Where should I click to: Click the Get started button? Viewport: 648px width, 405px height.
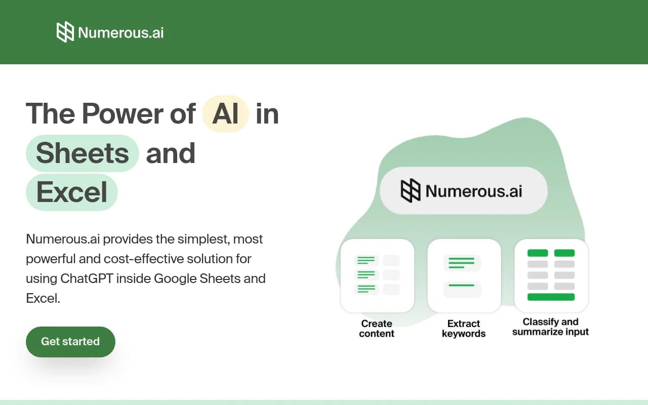tap(70, 342)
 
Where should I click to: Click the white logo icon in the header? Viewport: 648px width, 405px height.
tap(65, 32)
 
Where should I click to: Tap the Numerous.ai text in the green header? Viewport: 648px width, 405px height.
tap(120, 33)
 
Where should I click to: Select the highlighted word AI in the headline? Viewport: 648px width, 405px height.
tap(225, 113)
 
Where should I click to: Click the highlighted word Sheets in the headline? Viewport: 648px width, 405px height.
tap(83, 153)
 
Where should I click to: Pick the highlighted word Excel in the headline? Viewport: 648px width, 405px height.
tap(72, 192)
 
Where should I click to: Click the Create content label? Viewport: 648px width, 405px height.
tap(377, 329)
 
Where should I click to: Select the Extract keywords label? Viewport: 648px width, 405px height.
tap(464, 329)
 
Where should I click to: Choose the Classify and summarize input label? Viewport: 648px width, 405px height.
tap(551, 327)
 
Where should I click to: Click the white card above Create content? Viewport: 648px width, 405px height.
tap(377, 275)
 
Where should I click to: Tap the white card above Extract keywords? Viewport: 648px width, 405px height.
tap(464, 275)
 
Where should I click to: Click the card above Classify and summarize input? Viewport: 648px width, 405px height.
tap(551, 275)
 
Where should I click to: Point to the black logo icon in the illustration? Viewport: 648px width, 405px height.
tap(411, 190)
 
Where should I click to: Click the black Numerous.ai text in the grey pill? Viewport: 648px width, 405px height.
tap(474, 191)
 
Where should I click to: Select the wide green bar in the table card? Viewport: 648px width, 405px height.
tap(551, 297)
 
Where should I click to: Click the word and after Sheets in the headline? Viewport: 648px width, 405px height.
tap(171, 153)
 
